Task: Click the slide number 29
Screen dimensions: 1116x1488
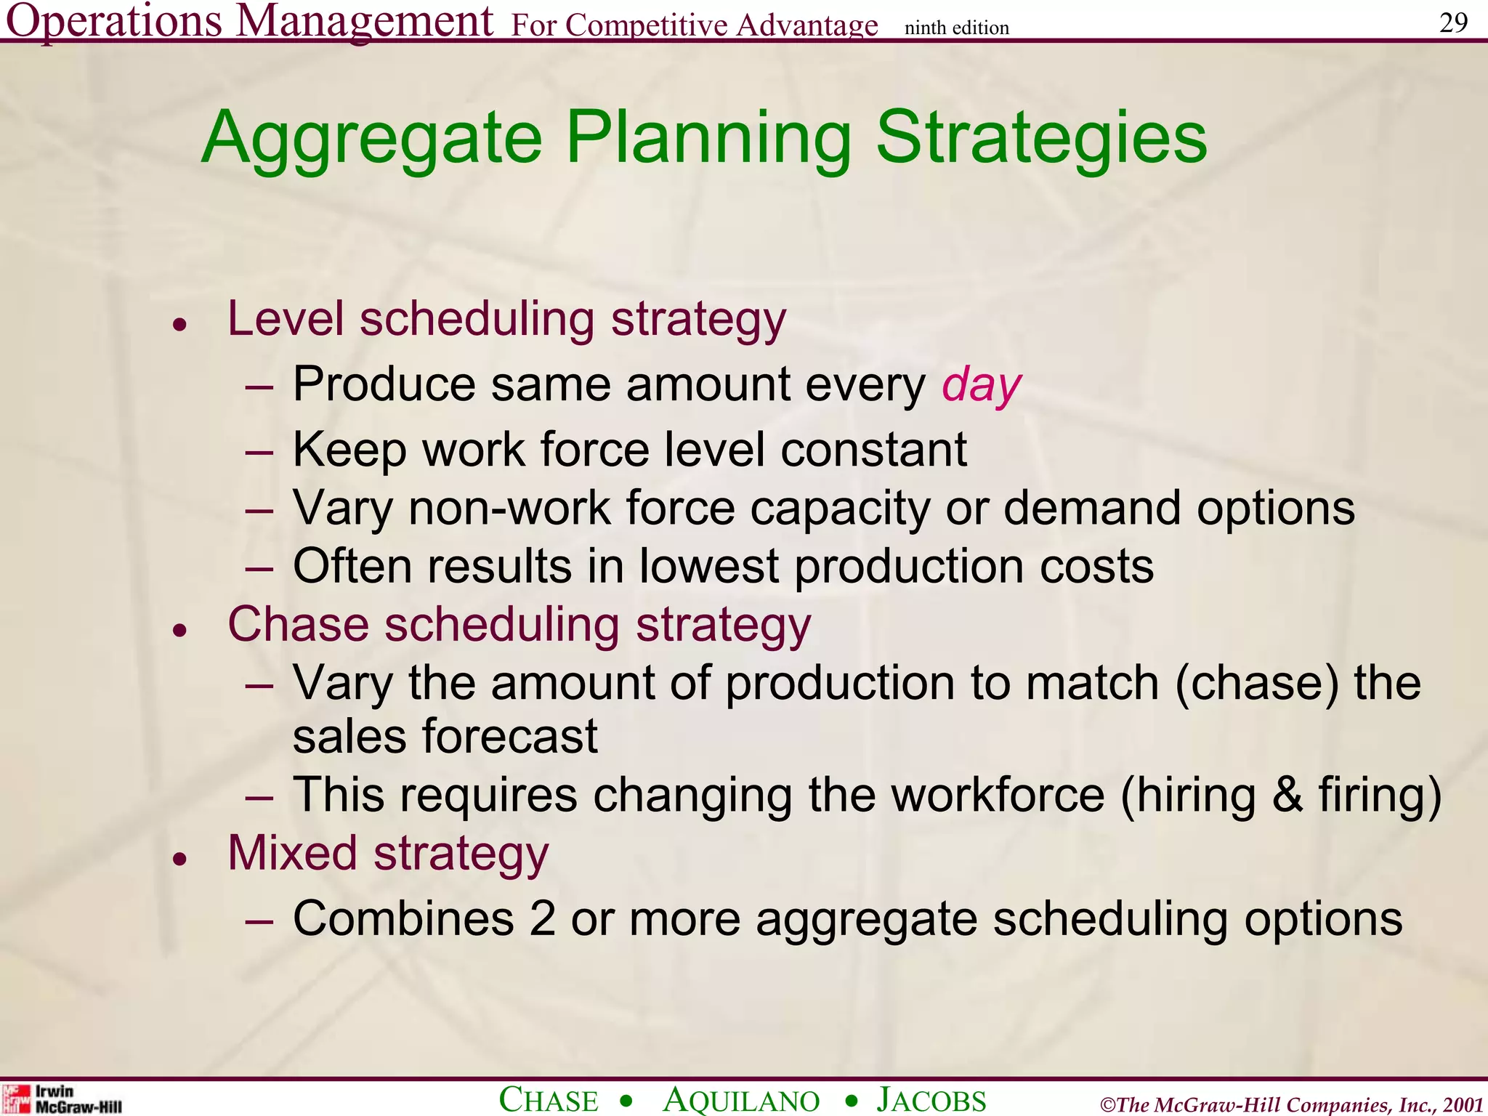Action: coord(1453,23)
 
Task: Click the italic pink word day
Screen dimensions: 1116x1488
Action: coord(981,385)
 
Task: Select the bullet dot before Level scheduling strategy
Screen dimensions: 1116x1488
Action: coord(180,325)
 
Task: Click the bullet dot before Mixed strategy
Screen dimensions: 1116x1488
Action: coord(180,860)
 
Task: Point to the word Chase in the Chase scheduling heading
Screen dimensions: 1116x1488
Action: coord(298,625)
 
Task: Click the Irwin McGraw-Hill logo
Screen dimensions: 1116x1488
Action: coord(61,1099)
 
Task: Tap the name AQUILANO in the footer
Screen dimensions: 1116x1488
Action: coord(741,1099)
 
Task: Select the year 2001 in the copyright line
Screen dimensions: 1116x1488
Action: coord(1463,1104)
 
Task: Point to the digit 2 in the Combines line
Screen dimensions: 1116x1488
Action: coord(542,919)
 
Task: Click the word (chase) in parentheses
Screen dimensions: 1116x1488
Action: coord(1256,684)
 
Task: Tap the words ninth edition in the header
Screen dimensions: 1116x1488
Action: coord(956,28)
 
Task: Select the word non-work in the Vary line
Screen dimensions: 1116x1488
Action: coord(509,508)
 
